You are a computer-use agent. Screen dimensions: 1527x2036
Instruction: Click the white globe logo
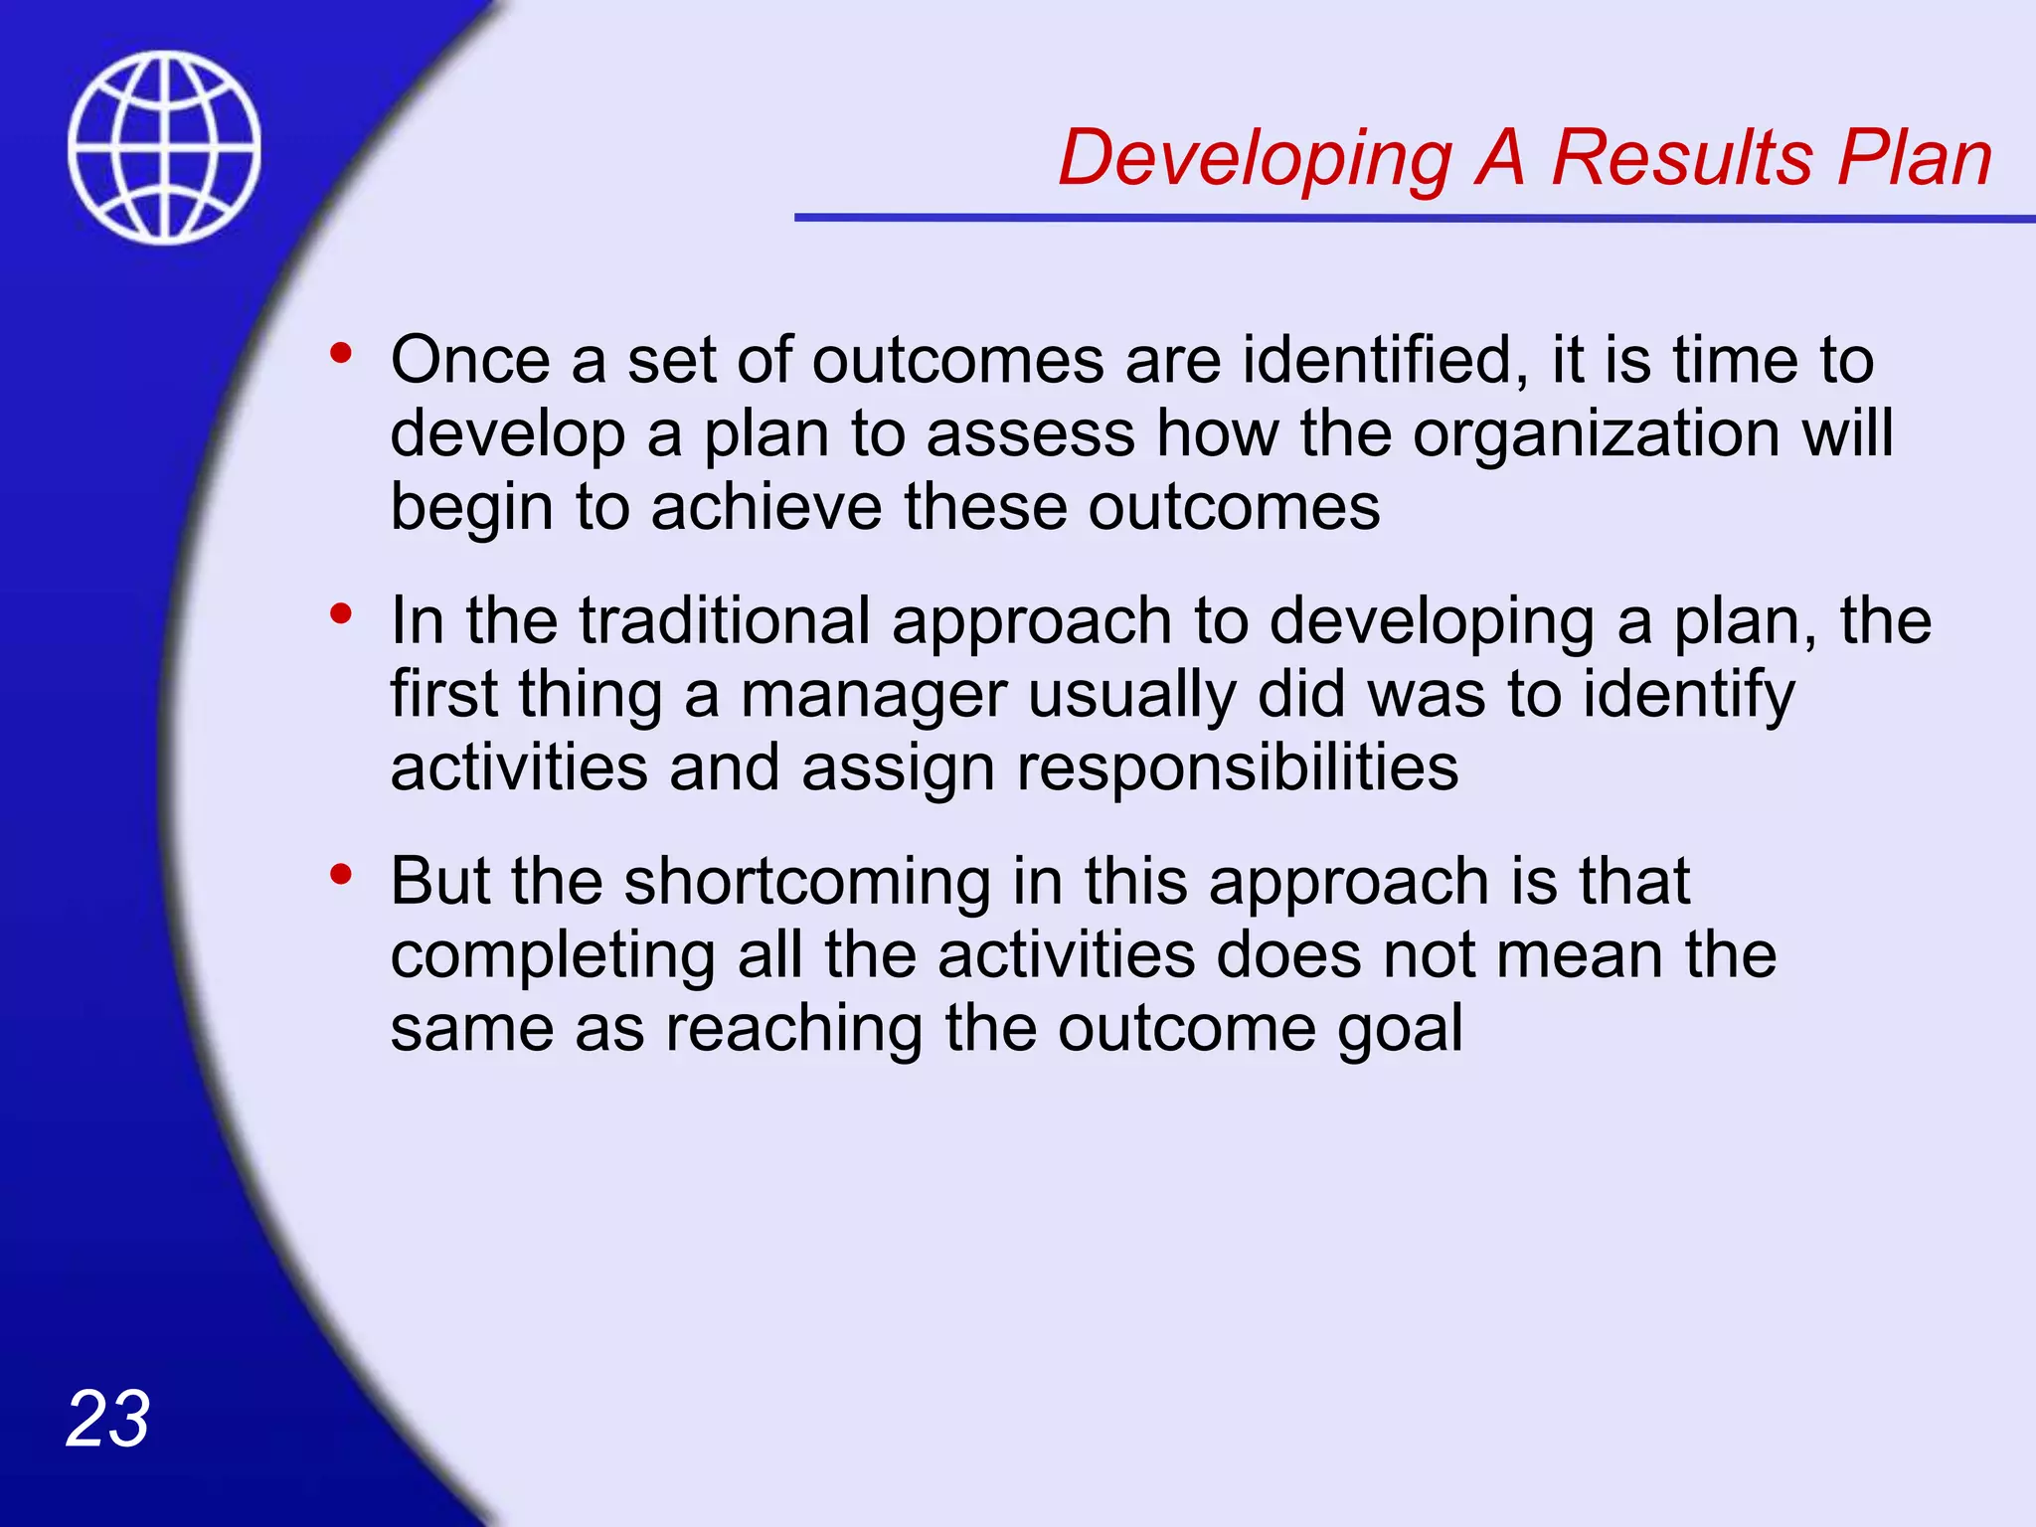[164, 147]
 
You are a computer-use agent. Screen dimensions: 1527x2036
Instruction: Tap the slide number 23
[107, 1419]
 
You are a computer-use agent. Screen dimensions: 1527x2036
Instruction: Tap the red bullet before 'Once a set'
[341, 353]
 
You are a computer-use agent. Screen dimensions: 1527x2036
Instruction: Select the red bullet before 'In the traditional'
[341, 613]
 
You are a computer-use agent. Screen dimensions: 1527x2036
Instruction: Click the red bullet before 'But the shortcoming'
[341, 875]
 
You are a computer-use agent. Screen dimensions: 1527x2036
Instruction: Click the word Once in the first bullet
[469, 360]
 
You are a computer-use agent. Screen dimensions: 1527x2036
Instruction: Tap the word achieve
[765, 507]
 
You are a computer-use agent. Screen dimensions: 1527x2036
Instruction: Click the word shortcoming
[807, 882]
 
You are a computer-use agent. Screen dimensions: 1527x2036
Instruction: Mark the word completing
[553, 956]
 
